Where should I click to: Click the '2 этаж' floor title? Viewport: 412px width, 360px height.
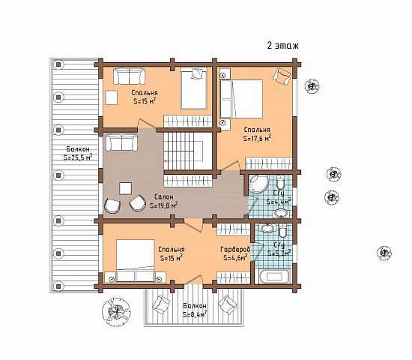[x=282, y=46]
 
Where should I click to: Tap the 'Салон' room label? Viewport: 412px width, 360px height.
[x=164, y=196]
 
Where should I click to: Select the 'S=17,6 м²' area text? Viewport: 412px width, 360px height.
[x=257, y=138]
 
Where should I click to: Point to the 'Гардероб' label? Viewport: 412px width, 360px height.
[x=235, y=249]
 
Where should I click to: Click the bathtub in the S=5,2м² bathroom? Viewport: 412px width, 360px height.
[x=273, y=276]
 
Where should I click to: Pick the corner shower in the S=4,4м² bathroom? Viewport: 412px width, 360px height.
[x=258, y=184]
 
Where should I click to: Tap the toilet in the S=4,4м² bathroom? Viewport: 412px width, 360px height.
[x=280, y=181]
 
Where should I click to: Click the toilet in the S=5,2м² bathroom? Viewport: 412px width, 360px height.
[x=282, y=230]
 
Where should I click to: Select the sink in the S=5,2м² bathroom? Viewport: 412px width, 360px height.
[x=267, y=228]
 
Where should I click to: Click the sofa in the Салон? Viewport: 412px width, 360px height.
[x=121, y=142]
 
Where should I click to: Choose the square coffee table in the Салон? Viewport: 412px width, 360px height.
[x=125, y=188]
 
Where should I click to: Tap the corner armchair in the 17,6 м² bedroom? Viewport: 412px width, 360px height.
[x=282, y=76]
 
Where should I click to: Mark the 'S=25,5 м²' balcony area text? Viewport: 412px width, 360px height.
[x=77, y=157]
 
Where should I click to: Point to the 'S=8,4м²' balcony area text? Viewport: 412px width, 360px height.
[x=195, y=314]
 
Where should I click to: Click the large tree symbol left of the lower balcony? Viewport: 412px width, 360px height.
[x=116, y=312]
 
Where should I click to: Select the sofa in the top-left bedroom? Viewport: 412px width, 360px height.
[x=129, y=76]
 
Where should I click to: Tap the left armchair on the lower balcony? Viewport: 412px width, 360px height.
[x=161, y=304]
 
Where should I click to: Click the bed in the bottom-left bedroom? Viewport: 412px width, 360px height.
[x=135, y=260]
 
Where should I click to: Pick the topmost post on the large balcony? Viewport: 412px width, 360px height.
[x=58, y=64]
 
